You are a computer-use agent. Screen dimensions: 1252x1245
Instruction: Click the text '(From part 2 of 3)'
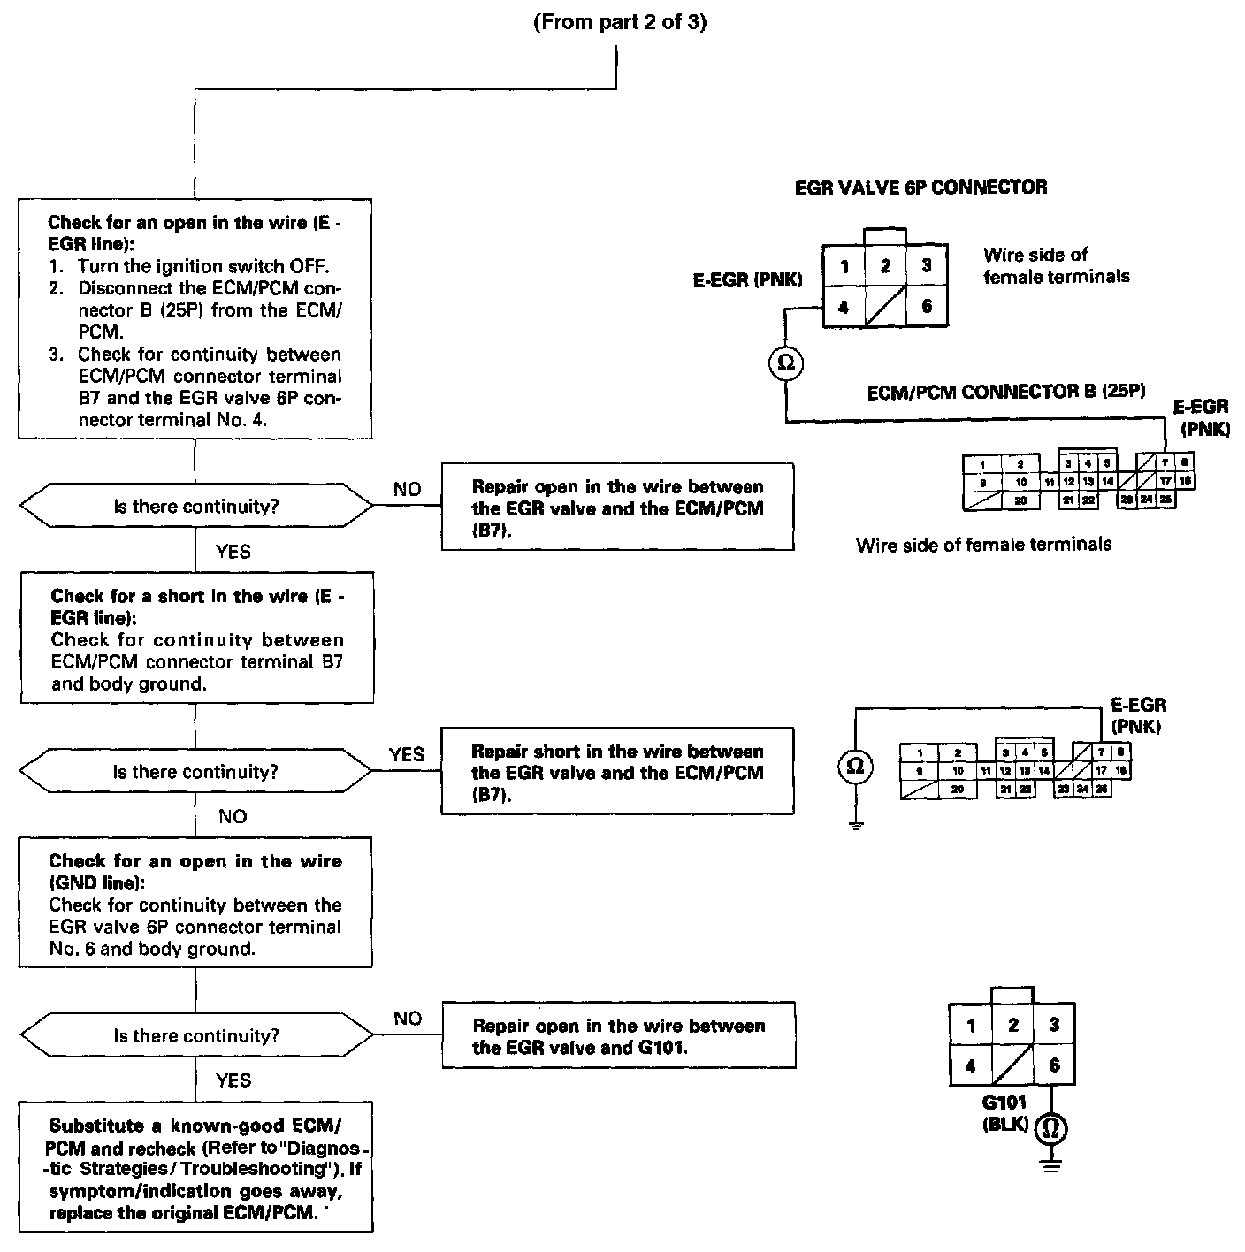coord(620,23)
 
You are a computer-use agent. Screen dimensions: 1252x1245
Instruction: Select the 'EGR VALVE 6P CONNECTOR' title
coord(920,187)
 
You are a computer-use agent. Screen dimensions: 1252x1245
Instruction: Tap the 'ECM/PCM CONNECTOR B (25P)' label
coord(1006,392)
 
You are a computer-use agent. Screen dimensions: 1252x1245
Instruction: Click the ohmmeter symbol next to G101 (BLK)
coord(1051,1127)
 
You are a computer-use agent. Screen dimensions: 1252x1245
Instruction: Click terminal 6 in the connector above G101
coord(1054,1065)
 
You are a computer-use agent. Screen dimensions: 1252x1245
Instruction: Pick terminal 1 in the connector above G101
coord(971,1026)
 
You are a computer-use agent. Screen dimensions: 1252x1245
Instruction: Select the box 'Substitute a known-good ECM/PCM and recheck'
coord(195,1167)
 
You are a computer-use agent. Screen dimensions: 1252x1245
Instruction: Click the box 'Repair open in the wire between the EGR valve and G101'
coord(618,1035)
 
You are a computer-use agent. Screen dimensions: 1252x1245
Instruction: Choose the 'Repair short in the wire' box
coord(617,772)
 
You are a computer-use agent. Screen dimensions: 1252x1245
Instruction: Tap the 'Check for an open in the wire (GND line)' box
coord(195,904)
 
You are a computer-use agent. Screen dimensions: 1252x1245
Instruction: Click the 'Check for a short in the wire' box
coord(195,638)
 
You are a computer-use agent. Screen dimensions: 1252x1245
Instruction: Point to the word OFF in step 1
coord(311,266)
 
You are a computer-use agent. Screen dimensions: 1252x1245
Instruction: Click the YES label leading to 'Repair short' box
coord(407,754)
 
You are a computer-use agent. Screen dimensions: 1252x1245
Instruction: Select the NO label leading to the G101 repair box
coord(408,1019)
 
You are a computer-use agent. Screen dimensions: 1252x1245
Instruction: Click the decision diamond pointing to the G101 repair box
coord(195,1035)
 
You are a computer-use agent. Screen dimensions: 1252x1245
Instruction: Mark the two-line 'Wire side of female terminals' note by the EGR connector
coord(1056,265)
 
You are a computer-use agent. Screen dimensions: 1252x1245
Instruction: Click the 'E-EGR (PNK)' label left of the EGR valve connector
coord(747,280)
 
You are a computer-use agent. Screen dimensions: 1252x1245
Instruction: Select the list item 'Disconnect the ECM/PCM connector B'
coord(209,309)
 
